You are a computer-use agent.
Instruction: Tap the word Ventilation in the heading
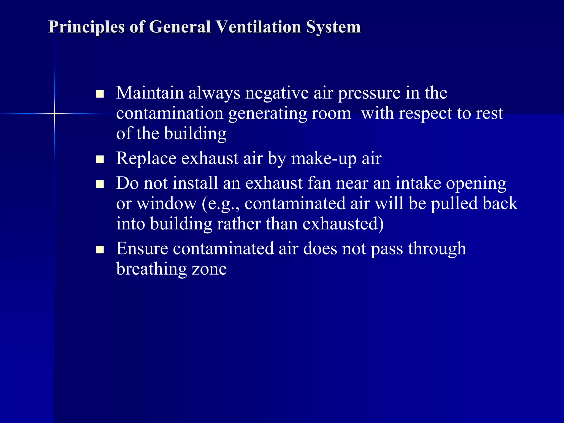pyautogui.click(x=258, y=27)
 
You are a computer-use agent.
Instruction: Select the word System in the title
pyautogui.click(x=333, y=28)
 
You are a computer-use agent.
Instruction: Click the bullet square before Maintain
pyautogui.click(x=100, y=94)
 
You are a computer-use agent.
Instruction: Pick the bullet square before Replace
pyautogui.click(x=100, y=159)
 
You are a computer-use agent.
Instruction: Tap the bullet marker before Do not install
pyautogui.click(x=100, y=184)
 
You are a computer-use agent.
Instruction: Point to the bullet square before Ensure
pyautogui.click(x=100, y=250)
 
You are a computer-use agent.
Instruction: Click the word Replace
pyautogui.click(x=146, y=159)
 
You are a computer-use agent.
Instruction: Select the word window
pyautogui.click(x=167, y=204)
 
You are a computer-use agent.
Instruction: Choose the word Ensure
pyautogui.click(x=142, y=248)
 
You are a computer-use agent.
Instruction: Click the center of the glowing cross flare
pyautogui.click(x=55, y=113)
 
